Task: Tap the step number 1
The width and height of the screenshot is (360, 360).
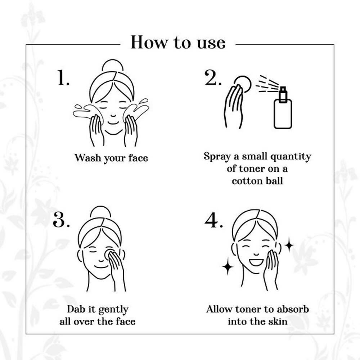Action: [x=63, y=78]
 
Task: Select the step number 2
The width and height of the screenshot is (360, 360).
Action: [x=213, y=78]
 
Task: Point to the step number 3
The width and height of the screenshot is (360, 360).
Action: [x=61, y=220]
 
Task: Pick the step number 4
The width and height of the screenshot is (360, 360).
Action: [x=213, y=220]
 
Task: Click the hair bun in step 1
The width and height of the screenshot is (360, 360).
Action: [x=113, y=65]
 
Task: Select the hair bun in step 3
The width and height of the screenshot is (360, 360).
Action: [x=100, y=211]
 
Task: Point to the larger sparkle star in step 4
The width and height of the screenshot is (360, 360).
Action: [x=228, y=266]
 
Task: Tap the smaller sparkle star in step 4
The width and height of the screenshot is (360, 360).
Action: [x=289, y=245]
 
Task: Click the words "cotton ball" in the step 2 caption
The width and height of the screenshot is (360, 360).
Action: [x=257, y=181]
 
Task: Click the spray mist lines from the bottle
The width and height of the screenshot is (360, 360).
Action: [x=267, y=84]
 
